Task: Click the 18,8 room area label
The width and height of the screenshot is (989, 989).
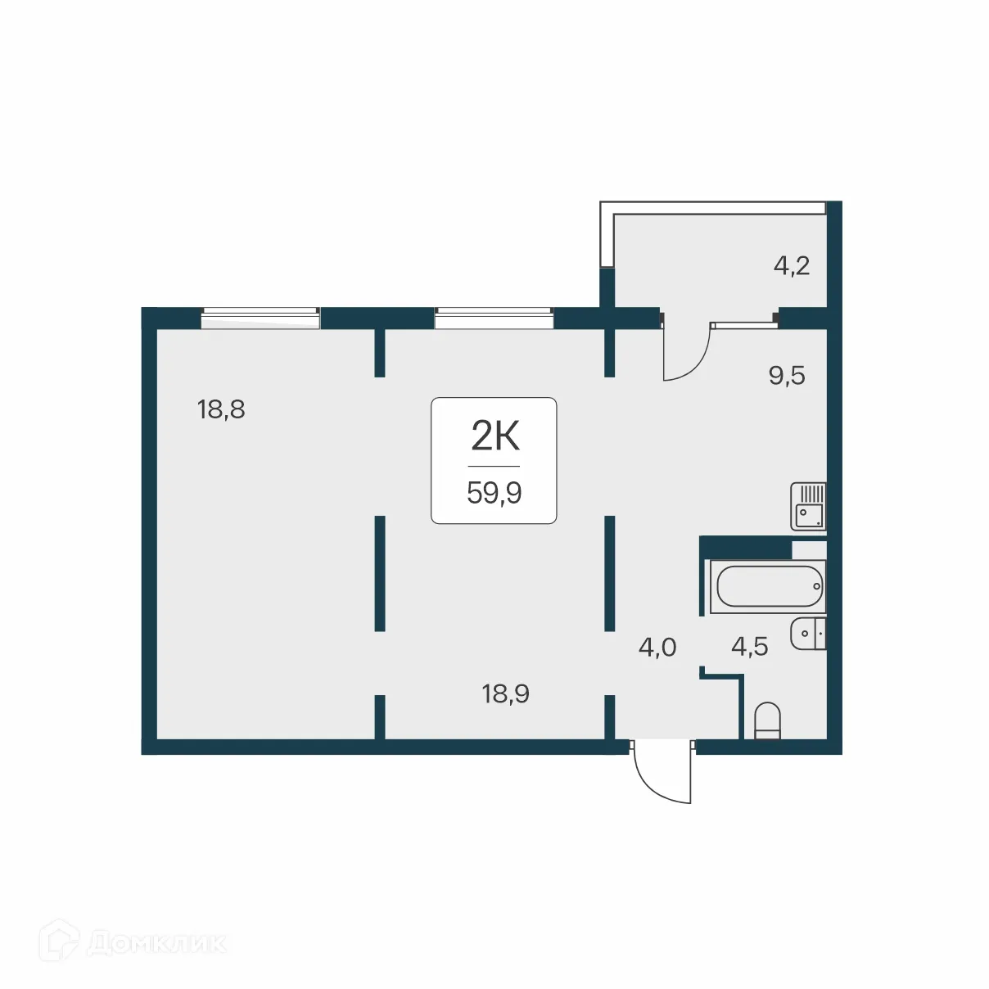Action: pos(221,409)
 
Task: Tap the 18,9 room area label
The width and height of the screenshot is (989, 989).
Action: pos(505,694)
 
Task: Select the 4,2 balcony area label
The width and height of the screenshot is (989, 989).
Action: pos(791,265)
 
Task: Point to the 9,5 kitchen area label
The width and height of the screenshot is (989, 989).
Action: pos(786,376)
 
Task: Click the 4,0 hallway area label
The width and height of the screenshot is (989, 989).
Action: pos(657,648)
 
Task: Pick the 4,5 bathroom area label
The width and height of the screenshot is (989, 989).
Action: pos(749,647)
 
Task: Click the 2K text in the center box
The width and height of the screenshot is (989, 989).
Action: pos(494,436)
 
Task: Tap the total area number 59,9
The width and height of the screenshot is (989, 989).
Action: pos(494,493)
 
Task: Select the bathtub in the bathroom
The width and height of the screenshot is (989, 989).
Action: pos(767,586)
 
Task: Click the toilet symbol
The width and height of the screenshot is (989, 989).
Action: pos(767,720)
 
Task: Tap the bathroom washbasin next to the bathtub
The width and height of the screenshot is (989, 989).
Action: pos(808,634)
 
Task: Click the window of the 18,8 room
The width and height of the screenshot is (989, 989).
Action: pos(260,317)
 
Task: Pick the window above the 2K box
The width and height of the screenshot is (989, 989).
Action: pos(494,317)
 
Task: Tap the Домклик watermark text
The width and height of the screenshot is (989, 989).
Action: pos(156,943)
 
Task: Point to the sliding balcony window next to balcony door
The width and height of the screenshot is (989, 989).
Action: pos(743,325)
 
